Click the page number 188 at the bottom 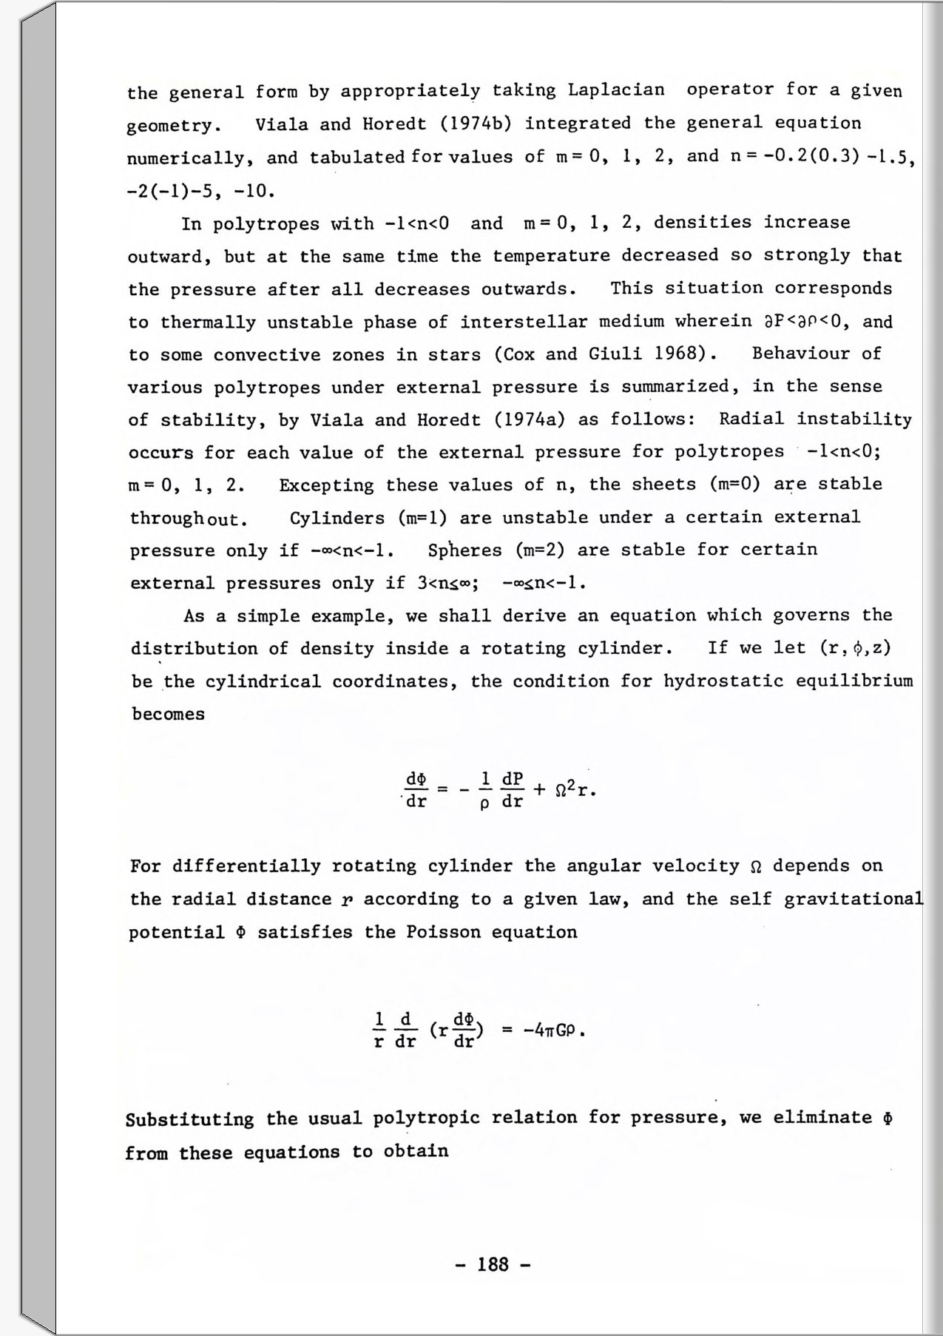[x=493, y=1264]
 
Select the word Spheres [x=464, y=550]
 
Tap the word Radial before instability [x=751, y=419]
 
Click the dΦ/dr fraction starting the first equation [x=416, y=790]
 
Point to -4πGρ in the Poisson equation [x=554, y=1030]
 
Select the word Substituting [x=189, y=1119]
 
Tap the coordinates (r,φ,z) [x=855, y=648]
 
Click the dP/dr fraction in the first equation [x=513, y=790]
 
